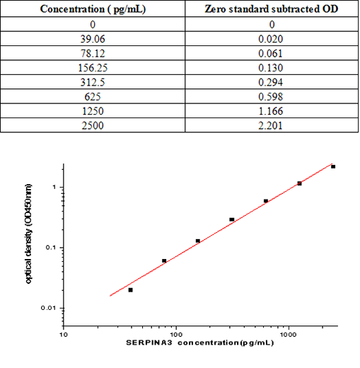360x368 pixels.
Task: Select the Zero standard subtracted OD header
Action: click(x=272, y=9)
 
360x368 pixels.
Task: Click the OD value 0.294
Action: click(x=272, y=82)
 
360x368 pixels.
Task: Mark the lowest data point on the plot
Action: click(x=130, y=289)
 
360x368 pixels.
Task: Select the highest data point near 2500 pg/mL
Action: click(x=333, y=166)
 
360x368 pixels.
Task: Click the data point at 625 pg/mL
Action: click(x=266, y=201)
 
